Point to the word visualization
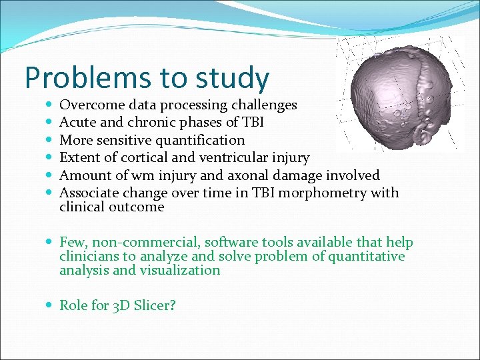(179, 270)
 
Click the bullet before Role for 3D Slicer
(51, 305)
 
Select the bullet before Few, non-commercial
(51, 243)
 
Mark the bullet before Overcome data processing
(51, 105)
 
